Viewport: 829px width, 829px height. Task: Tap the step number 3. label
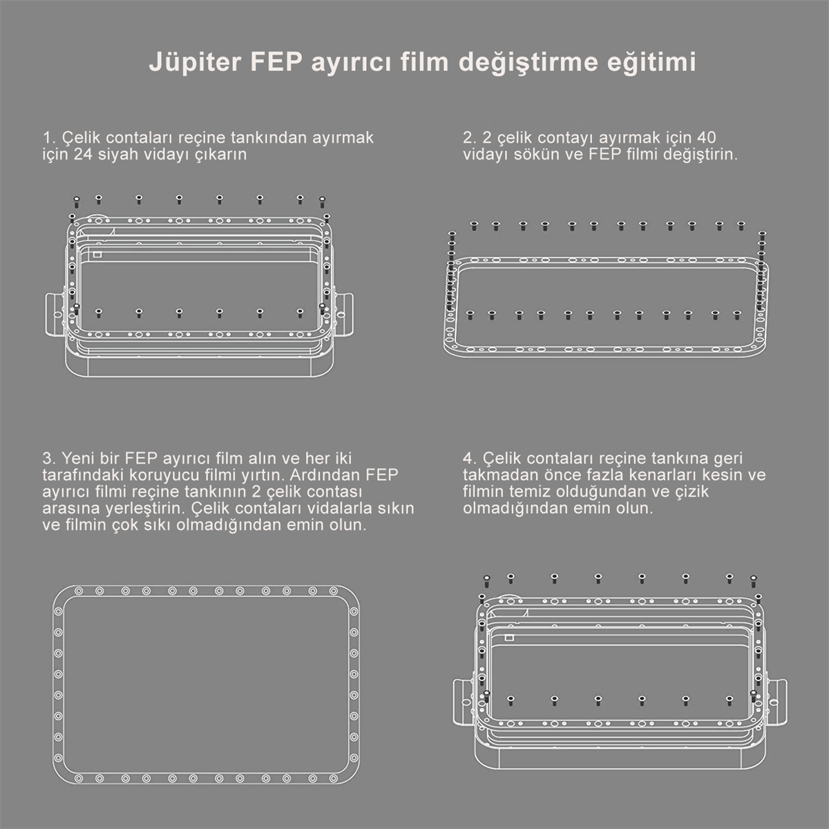(48, 458)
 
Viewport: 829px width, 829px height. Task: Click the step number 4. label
(470, 458)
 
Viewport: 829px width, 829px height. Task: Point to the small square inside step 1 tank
(97, 254)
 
